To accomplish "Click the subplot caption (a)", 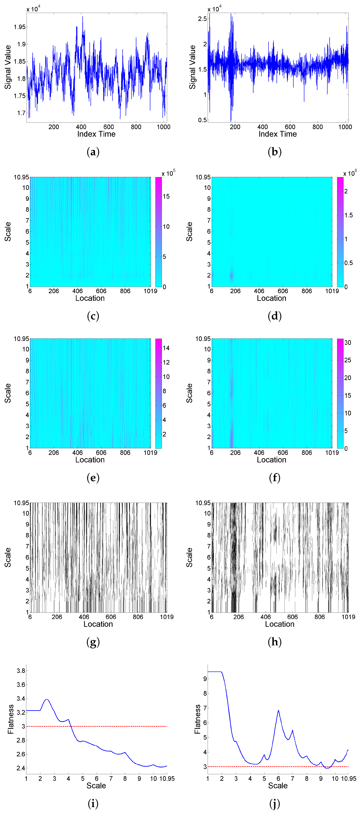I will (93, 152).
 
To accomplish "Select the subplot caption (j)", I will (274, 803).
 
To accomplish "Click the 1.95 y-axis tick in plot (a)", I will (20, 27).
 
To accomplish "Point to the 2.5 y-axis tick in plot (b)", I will (202, 19).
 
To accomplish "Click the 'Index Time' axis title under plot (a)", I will (96, 134).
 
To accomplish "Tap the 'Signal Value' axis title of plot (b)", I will (192, 67).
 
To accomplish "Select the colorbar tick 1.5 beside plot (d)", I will (349, 215).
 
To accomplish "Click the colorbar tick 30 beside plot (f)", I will (348, 343).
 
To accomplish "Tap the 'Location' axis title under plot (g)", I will (98, 624).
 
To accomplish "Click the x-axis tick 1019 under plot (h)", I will (348, 617).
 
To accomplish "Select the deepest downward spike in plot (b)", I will (231, 121).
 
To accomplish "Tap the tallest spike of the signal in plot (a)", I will (83, 16).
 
